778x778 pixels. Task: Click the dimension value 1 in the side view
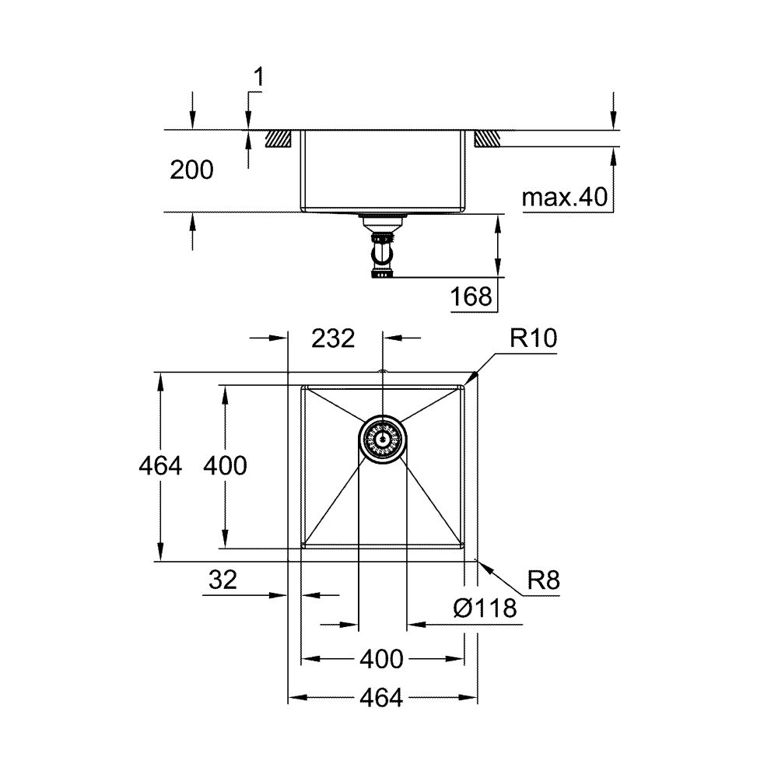coord(259,76)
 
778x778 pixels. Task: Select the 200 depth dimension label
coord(191,170)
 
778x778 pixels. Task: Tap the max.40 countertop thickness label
coord(564,198)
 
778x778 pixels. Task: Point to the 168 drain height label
coord(471,296)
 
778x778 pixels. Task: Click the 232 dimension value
coord(333,338)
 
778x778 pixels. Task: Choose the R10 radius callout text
coord(533,339)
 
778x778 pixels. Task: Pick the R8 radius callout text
coord(544,580)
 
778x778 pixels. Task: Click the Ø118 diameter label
coord(484,608)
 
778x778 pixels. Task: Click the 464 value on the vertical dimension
coord(159,466)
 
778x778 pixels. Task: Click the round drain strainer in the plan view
coord(381,439)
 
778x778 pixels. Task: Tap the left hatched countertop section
coord(278,138)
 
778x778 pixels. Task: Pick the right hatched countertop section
coord(485,138)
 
